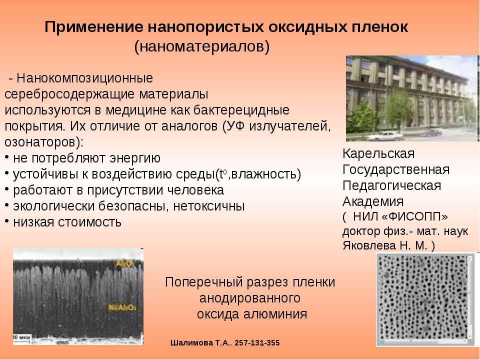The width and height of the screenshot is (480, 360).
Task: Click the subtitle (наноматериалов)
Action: (201, 46)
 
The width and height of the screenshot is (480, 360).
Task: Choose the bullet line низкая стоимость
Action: (67, 221)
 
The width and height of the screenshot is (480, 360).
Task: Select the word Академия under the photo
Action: (372, 201)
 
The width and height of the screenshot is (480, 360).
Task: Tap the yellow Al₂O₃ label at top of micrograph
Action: (125, 263)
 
